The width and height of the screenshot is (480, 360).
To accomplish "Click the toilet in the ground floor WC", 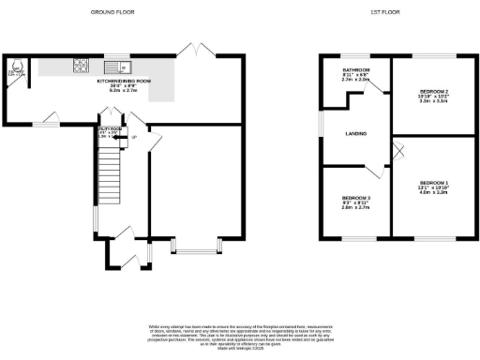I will point(14,69).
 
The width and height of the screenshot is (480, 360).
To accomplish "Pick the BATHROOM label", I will point(356,71).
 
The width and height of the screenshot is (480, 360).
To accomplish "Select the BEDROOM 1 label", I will point(433,182).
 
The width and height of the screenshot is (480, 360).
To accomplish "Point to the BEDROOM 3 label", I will point(355,199).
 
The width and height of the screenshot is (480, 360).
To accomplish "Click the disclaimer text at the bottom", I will point(240,332).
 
